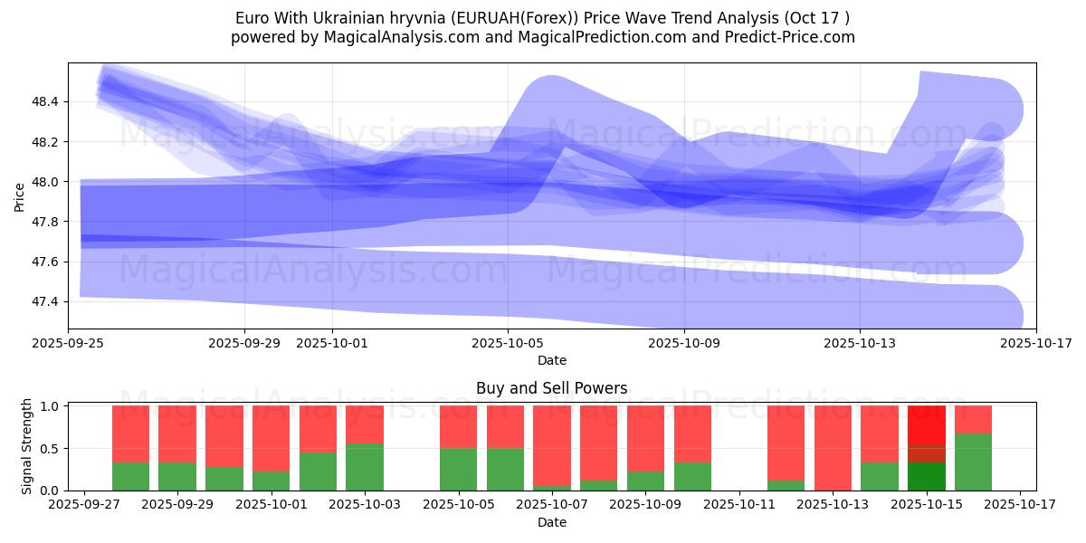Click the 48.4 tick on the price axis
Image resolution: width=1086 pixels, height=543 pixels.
click(45, 102)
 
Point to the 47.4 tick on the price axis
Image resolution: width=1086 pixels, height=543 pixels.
click(45, 301)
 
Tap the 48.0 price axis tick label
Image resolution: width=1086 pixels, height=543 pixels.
click(45, 182)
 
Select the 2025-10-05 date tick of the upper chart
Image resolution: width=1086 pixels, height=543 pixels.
click(508, 343)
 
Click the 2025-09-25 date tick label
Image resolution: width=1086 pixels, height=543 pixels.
click(69, 343)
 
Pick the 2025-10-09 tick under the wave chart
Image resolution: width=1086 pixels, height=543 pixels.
click(684, 343)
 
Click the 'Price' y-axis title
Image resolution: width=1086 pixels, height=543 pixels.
click(19, 195)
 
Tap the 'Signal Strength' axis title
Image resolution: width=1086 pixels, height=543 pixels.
click(27, 446)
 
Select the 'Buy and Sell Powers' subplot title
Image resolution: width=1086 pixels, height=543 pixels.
click(551, 388)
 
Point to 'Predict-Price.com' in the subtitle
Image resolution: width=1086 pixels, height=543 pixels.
click(795, 37)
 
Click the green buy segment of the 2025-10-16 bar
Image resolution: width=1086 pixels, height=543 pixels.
click(973, 462)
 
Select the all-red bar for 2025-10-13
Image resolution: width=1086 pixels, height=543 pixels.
click(833, 448)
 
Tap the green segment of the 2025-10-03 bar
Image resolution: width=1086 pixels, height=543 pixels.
click(365, 467)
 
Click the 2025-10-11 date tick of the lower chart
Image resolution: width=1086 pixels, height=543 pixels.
click(739, 505)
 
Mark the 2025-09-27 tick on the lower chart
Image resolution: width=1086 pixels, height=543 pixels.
click(84, 505)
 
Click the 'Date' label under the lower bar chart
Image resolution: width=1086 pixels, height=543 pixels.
click(551, 522)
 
